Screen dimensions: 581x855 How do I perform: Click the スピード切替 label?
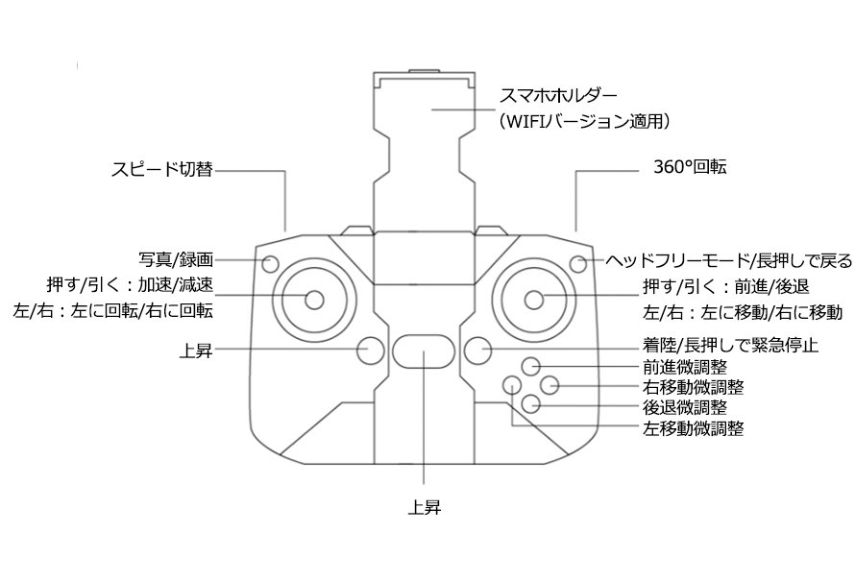click(x=161, y=172)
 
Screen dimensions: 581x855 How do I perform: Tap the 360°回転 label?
click(x=690, y=167)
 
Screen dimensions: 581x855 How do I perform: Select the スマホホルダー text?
click(x=557, y=96)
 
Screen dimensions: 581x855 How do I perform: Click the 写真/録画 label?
click(x=176, y=259)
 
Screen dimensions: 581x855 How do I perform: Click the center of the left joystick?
click(x=313, y=299)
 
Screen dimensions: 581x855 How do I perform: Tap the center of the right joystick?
click(x=535, y=299)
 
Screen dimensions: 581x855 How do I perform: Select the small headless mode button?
click(x=578, y=263)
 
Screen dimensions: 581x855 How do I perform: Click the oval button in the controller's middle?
click(x=423, y=351)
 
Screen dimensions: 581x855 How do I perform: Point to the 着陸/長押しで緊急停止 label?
click(x=718, y=345)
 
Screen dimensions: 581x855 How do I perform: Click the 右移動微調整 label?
click(x=692, y=387)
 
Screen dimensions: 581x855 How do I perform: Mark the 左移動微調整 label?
click(x=692, y=428)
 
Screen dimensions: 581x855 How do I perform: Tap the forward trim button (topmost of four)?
click(x=531, y=366)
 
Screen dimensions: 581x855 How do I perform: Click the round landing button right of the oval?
click(x=477, y=351)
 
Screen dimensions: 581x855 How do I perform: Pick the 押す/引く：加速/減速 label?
click(x=130, y=285)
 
